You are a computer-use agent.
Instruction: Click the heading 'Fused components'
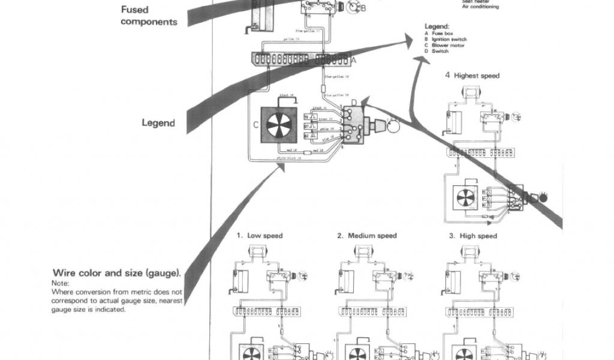click(x=149, y=16)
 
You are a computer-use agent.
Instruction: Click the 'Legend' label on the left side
click(x=158, y=123)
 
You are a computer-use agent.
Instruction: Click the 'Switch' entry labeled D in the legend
click(x=440, y=52)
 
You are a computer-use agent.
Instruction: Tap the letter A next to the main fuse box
click(x=353, y=60)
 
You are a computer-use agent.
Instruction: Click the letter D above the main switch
click(x=354, y=103)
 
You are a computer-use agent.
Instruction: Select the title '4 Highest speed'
click(x=472, y=76)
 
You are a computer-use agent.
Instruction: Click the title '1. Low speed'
click(x=259, y=236)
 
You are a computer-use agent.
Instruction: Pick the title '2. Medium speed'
click(x=367, y=236)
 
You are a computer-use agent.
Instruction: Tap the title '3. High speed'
click(x=473, y=236)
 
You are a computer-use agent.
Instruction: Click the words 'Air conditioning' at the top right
click(x=481, y=7)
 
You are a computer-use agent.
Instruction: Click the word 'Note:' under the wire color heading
click(x=61, y=283)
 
